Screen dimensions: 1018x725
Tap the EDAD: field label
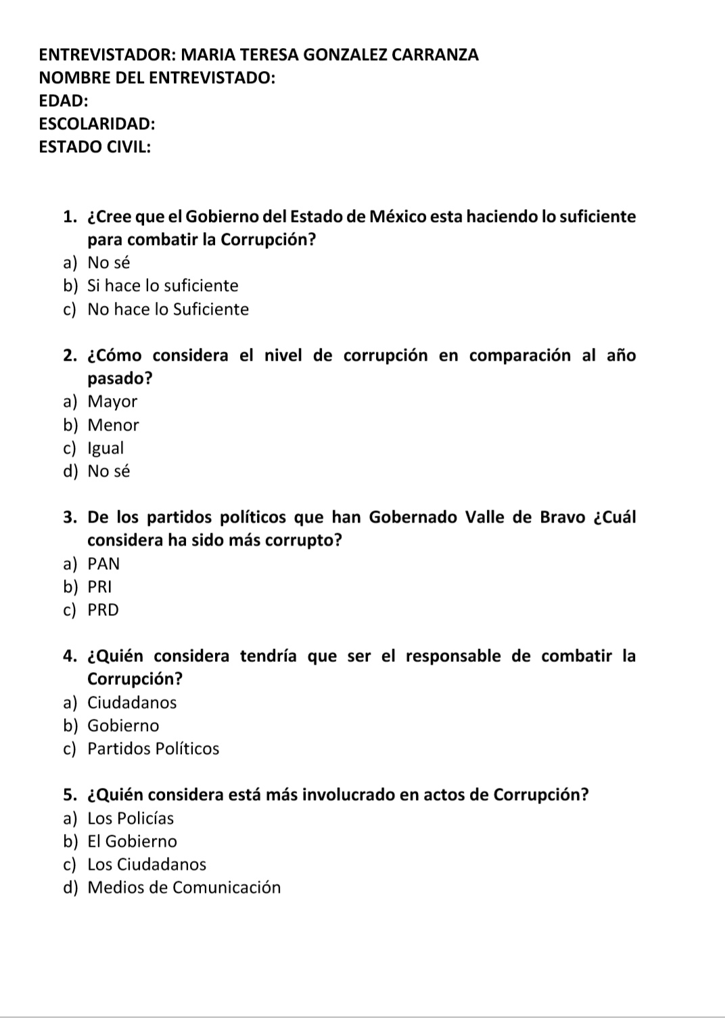pyautogui.click(x=64, y=101)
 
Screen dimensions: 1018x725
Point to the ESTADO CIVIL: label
pyautogui.click(x=95, y=147)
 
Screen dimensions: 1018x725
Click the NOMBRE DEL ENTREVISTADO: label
pyautogui.click(x=157, y=78)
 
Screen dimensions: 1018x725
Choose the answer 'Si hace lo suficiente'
pyautogui.click(x=162, y=286)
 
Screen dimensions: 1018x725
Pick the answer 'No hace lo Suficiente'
pyautogui.click(x=168, y=309)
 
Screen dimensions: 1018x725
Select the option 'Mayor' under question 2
pyautogui.click(x=112, y=401)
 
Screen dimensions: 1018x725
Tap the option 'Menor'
pyautogui.click(x=113, y=425)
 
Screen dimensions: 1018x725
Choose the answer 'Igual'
pyautogui.click(x=106, y=448)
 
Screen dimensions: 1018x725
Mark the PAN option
pyautogui.click(x=103, y=564)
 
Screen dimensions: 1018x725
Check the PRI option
pyautogui.click(x=99, y=587)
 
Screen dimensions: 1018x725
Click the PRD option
pyautogui.click(x=103, y=610)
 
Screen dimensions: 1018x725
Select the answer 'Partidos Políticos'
pyautogui.click(x=154, y=749)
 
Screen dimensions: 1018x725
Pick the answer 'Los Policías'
pyautogui.click(x=131, y=818)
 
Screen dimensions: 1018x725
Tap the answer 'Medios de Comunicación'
pyautogui.click(x=184, y=887)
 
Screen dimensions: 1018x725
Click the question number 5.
pyautogui.click(x=68, y=795)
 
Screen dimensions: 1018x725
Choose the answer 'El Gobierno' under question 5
pyautogui.click(x=132, y=841)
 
